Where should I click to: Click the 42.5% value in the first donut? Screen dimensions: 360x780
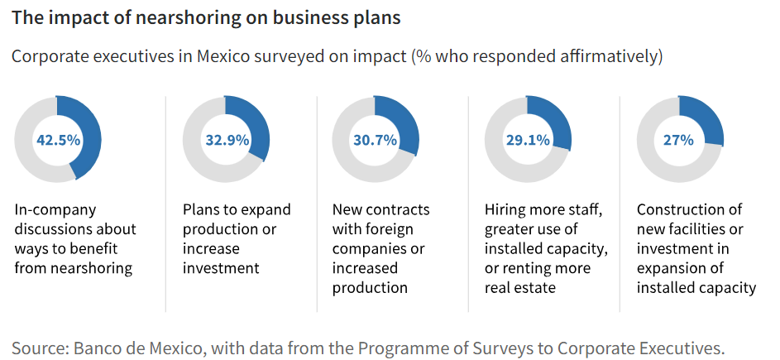[x=58, y=140]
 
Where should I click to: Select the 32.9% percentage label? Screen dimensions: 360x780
[x=227, y=140]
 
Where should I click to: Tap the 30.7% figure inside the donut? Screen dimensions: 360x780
[x=375, y=140]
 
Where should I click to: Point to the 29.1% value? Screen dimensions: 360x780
[x=528, y=140]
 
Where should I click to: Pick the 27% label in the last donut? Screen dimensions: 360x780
[x=678, y=140]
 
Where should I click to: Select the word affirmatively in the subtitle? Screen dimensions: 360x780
[x=607, y=57]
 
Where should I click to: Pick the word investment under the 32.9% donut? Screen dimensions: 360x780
[x=221, y=268]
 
